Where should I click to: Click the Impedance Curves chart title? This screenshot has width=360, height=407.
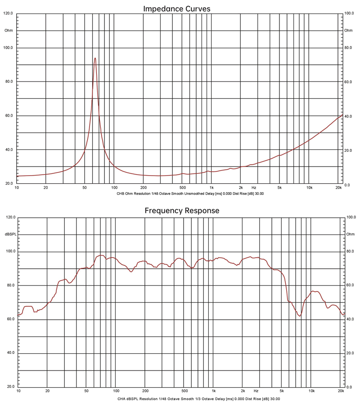coord(176,9)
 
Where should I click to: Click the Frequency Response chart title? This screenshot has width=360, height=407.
coord(182,210)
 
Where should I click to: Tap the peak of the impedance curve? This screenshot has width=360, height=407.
coord(95,58)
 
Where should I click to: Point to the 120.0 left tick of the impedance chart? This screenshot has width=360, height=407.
coord(8,14)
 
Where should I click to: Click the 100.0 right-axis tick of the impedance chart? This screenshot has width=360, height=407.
coord(349,14)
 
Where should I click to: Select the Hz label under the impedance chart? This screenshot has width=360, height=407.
coord(254,187)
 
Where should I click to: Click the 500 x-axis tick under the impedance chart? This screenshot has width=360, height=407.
coord(182,187)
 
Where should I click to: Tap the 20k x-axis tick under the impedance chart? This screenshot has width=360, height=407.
coord(339,187)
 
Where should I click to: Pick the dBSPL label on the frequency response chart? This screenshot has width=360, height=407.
coord(10,235)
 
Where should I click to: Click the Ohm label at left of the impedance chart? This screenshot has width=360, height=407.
coord(9,31)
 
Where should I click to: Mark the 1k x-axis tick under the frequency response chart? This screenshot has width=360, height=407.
coord(214,391)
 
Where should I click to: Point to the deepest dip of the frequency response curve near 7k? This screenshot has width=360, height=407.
coord(299,316)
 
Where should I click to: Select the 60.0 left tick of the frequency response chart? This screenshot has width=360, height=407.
coord(9,319)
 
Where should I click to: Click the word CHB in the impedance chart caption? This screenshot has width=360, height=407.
coord(120,194)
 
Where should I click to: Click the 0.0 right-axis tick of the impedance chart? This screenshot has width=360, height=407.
coord(347,185)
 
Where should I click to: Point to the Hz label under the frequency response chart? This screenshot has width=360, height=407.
coord(256,391)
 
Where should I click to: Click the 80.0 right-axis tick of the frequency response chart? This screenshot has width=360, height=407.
coord(349,251)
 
